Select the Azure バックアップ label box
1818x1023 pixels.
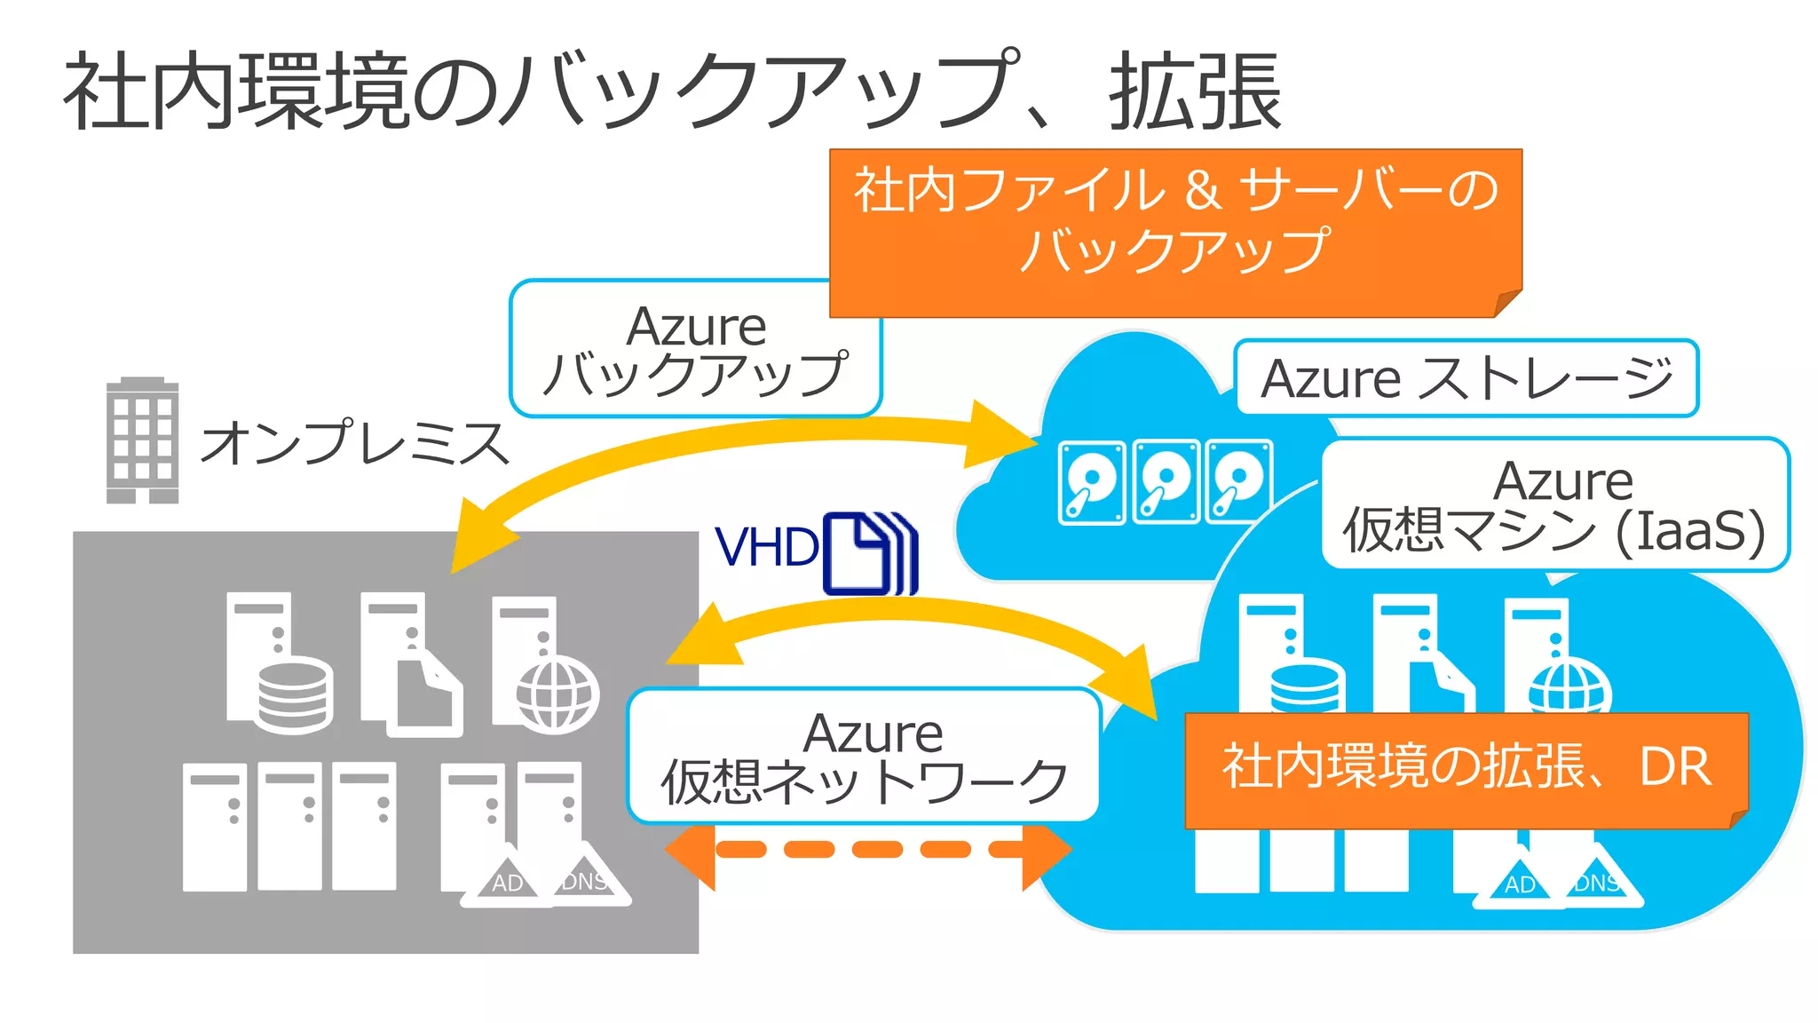694,349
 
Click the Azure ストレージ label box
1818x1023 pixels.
1466,378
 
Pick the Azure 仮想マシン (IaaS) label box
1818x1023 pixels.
1554,504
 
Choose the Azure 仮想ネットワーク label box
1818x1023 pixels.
864,756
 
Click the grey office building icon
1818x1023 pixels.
142,440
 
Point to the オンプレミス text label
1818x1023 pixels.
355,442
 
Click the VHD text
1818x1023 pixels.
767,547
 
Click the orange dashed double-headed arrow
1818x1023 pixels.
868,850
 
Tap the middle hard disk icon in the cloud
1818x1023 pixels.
1166,482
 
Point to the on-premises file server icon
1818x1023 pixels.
410,664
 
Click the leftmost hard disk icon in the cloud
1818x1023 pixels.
1092,482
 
